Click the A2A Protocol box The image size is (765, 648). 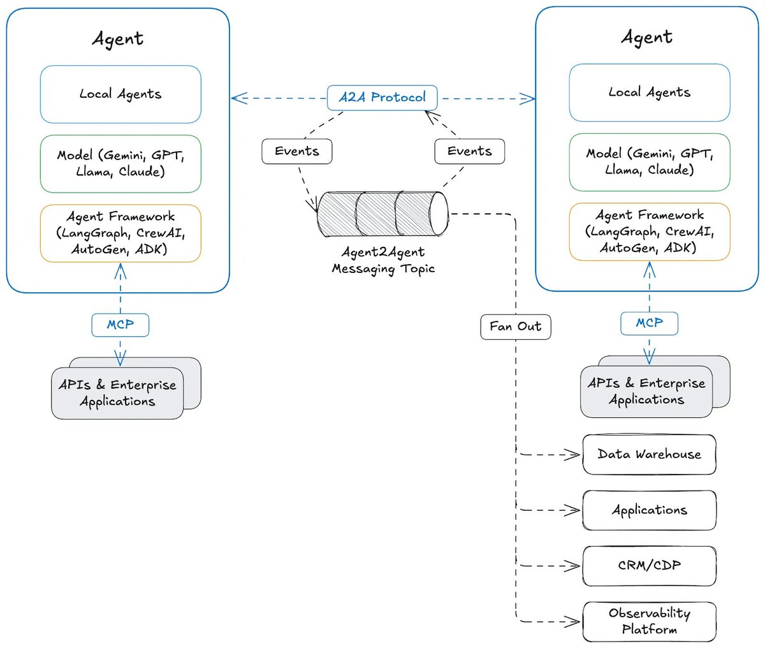click(x=382, y=98)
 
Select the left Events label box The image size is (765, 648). click(x=296, y=151)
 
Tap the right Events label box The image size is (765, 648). click(x=469, y=151)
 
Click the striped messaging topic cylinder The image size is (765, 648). click(x=382, y=214)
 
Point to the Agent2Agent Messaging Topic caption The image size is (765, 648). click(x=383, y=260)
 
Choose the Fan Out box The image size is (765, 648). click(x=515, y=327)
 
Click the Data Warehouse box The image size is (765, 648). click(x=649, y=455)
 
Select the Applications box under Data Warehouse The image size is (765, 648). click(x=649, y=510)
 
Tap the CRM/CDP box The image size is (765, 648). click(x=649, y=566)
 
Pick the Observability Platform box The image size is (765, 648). click(x=649, y=621)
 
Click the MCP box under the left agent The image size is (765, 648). click(x=120, y=325)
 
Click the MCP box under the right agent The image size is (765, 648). click(x=649, y=323)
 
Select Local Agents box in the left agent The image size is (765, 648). click(x=120, y=94)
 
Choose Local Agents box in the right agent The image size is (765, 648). click(x=649, y=92)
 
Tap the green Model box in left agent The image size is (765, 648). click(x=120, y=163)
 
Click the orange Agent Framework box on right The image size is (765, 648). click(x=649, y=232)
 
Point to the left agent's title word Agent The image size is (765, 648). click(x=118, y=38)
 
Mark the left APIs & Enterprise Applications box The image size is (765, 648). click(x=117, y=393)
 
